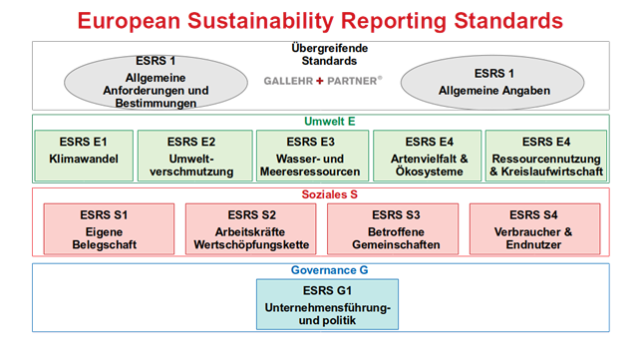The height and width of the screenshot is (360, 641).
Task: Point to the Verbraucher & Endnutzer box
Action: (x=534, y=228)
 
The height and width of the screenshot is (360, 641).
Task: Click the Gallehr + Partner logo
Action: (x=318, y=79)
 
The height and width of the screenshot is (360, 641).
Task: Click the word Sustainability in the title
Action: (x=267, y=20)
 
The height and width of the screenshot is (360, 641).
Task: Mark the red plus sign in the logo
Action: (x=318, y=79)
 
